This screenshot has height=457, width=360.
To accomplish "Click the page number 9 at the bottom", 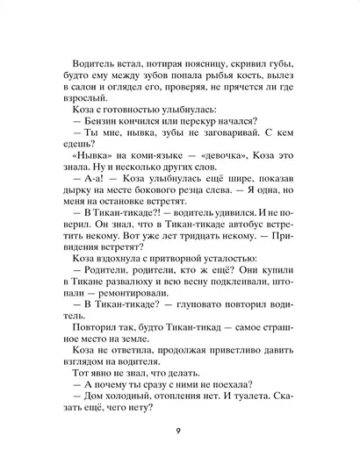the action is tap(180, 431).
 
